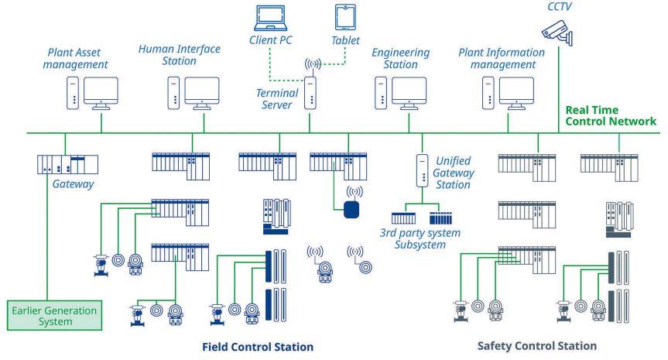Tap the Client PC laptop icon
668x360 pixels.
270,18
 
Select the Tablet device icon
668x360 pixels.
345,17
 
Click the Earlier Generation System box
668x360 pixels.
54,316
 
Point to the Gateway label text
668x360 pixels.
73,184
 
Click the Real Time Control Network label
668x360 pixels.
611,115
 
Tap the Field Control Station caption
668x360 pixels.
258,347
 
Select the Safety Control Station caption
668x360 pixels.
536,345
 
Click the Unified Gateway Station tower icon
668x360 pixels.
422,170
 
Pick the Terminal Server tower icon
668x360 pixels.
310,93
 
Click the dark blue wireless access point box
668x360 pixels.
351,210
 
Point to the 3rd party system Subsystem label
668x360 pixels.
420,238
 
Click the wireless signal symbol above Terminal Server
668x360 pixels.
313,64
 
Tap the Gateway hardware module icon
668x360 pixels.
68,164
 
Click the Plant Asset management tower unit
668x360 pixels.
73,93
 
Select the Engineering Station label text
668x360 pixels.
400,58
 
